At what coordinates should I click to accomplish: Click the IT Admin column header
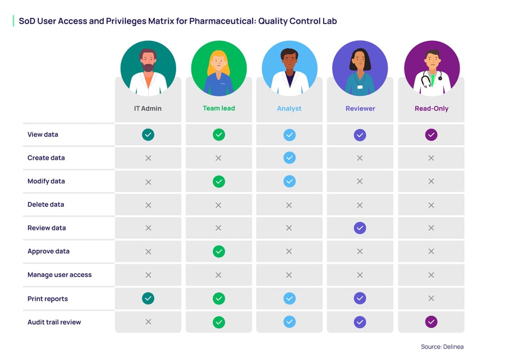pyautogui.click(x=148, y=108)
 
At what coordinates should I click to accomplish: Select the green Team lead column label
pyautogui.click(x=218, y=108)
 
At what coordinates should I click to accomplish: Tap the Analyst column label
pyautogui.click(x=289, y=108)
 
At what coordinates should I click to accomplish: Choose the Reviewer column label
pyautogui.click(x=360, y=108)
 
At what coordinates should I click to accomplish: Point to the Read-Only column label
pyautogui.click(x=431, y=108)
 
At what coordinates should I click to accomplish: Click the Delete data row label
pyautogui.click(x=45, y=205)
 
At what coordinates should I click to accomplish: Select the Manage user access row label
pyautogui.click(x=59, y=275)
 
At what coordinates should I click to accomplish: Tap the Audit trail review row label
pyautogui.click(x=54, y=322)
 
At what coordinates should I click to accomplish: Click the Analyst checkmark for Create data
pyautogui.click(x=290, y=158)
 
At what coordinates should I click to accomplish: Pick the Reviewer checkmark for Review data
pyautogui.click(x=360, y=228)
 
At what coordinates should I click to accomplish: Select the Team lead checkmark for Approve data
pyautogui.click(x=219, y=252)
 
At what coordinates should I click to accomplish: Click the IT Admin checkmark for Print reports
pyautogui.click(x=148, y=299)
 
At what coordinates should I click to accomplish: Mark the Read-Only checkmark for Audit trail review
pyautogui.click(x=431, y=322)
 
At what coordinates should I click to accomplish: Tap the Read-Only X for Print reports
pyautogui.click(x=431, y=299)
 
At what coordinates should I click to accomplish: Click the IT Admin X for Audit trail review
pyautogui.click(x=148, y=322)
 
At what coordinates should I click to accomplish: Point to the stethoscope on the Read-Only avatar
pyautogui.click(x=426, y=80)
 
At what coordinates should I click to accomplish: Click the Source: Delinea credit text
pyautogui.click(x=442, y=347)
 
